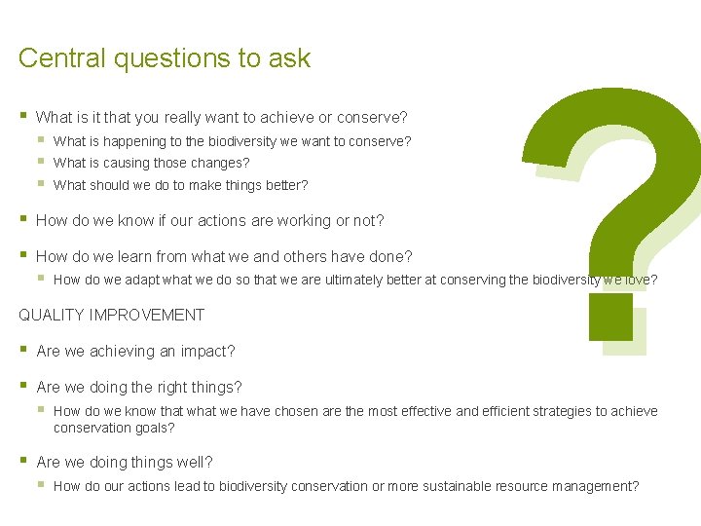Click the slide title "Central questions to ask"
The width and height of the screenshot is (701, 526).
click(x=164, y=58)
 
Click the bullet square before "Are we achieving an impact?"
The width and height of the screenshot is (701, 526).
click(x=22, y=350)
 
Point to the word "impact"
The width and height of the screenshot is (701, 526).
click(x=207, y=351)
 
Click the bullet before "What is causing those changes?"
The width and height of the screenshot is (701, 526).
click(x=41, y=162)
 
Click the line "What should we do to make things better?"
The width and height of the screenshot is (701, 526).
click(x=180, y=185)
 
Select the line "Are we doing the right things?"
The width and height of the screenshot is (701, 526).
click(x=138, y=387)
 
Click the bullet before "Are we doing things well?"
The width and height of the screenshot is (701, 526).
click(x=22, y=461)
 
